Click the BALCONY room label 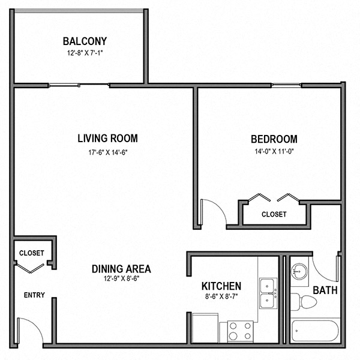coord(85,41)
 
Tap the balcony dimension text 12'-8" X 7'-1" coord(85,53)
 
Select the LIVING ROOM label coord(107,139)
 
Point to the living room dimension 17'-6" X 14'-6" coord(107,152)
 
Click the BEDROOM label coord(274,139)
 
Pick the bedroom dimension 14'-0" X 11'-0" coord(274,152)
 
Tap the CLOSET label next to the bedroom coord(274,214)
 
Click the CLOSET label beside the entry coord(31,253)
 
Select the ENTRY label coord(34,295)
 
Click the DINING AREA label coord(121,269)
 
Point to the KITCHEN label coord(221,286)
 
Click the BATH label coord(325,290)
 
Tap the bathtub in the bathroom coord(316,331)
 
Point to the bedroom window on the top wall coord(286,85)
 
